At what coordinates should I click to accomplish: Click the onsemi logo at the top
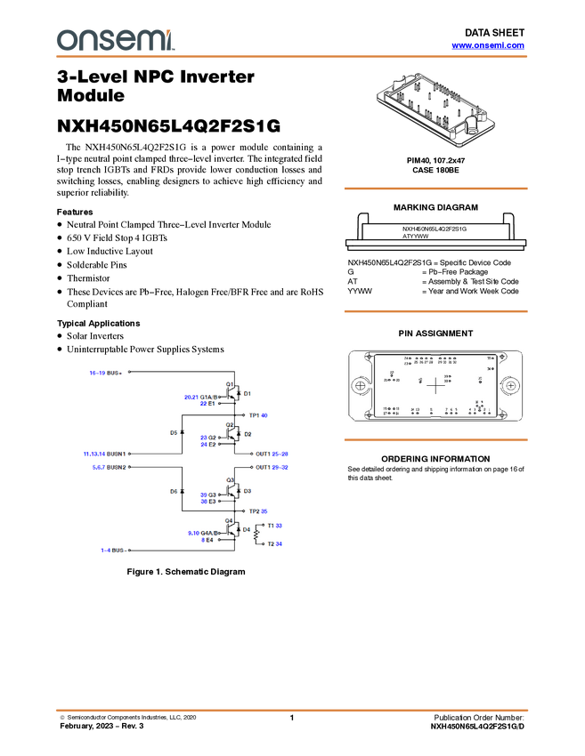click(116, 40)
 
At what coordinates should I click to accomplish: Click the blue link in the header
click(487, 44)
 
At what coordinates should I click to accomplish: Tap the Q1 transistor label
click(229, 384)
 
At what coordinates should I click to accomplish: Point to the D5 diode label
click(174, 432)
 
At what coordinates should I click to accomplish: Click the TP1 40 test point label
click(257, 415)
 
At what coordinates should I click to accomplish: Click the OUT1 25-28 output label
click(272, 453)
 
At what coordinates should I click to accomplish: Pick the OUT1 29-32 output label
click(272, 467)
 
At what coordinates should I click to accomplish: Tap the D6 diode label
click(174, 491)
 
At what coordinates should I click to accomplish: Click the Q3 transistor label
click(229, 480)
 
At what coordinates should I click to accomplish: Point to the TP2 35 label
click(257, 511)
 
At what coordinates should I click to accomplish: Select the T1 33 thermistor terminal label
click(274, 526)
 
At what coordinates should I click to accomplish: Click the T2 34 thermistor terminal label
click(274, 543)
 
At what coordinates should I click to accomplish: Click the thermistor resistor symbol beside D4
click(258, 535)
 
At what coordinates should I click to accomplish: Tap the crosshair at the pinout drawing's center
click(435, 385)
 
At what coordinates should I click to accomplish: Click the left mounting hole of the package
click(360, 387)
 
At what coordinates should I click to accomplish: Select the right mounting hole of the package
click(512, 387)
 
